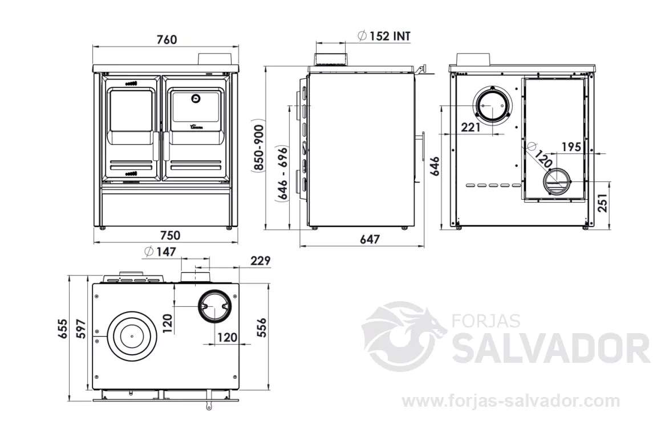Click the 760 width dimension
point(167,39)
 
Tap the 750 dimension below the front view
point(170,235)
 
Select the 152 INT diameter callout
point(384,35)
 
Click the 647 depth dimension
point(370,239)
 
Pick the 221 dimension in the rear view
point(471,127)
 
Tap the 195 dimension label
point(571,147)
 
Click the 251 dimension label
point(603,203)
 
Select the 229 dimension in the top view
point(261,260)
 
